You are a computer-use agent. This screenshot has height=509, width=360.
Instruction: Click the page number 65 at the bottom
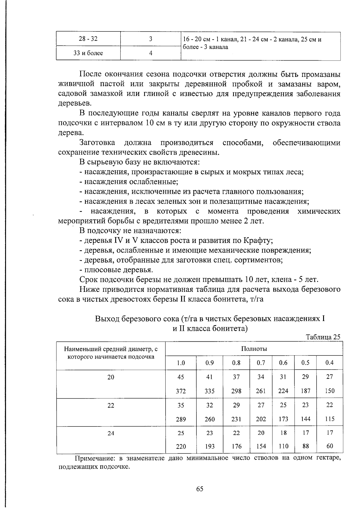pyautogui.click(x=200, y=489)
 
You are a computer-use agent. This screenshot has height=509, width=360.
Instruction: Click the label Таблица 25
pyautogui.click(x=323, y=337)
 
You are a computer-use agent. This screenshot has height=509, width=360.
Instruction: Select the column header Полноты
pyautogui.click(x=254, y=349)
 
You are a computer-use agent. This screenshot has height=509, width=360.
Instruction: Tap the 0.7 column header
pyautogui.click(x=261, y=363)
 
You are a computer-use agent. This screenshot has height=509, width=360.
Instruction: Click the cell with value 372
pyautogui.click(x=181, y=391)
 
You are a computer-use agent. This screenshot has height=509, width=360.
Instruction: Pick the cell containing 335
pyautogui.click(x=209, y=391)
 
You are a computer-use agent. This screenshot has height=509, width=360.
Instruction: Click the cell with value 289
pyautogui.click(x=181, y=419)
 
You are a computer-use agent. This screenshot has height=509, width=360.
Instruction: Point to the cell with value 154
pyautogui.click(x=261, y=446)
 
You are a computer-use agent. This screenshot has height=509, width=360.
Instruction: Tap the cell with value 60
pyautogui.click(x=330, y=446)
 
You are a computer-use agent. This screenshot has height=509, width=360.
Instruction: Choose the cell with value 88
pyautogui.click(x=305, y=446)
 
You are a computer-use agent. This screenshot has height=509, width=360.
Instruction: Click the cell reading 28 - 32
pyautogui.click(x=88, y=39)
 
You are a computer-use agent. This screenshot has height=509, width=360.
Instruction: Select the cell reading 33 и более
pyautogui.click(x=88, y=53)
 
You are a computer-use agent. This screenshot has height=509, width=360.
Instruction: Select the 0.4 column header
pyautogui.click(x=330, y=363)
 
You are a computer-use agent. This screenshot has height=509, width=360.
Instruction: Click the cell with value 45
pyautogui.click(x=181, y=377)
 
